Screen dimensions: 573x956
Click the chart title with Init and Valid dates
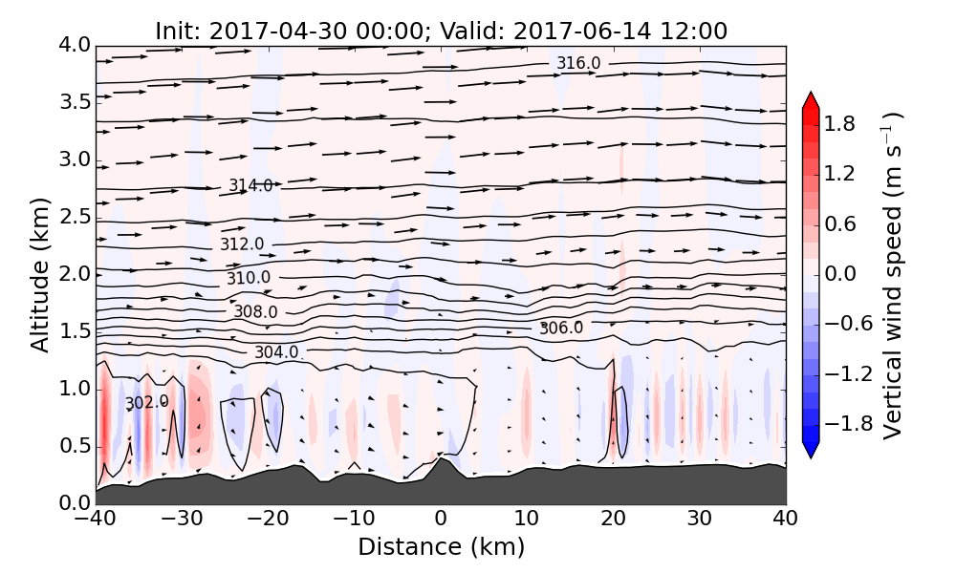click(441, 31)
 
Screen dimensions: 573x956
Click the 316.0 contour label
click(578, 64)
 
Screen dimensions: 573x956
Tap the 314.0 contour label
click(250, 185)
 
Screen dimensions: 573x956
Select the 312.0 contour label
click(242, 244)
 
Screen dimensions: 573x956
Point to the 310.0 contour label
click(249, 279)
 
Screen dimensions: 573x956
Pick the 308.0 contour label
click(255, 312)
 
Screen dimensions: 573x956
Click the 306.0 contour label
click(561, 329)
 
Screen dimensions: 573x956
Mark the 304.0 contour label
click(276, 352)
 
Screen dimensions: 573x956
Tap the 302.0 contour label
click(146, 403)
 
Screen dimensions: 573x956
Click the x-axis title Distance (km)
click(441, 547)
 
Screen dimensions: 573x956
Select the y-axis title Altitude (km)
click(40, 274)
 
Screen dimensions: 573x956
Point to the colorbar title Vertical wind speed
click(892, 275)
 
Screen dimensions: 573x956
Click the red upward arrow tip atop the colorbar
click(810, 98)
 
